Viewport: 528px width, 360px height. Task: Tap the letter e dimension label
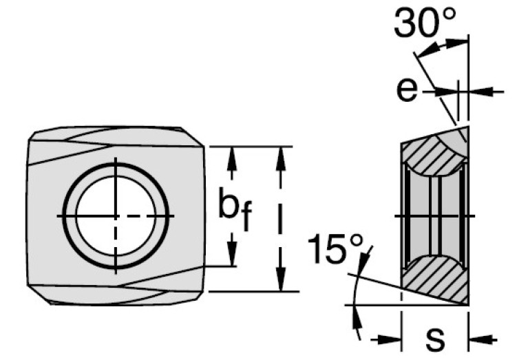click(x=408, y=89)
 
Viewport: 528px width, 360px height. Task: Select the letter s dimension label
click(x=434, y=338)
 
